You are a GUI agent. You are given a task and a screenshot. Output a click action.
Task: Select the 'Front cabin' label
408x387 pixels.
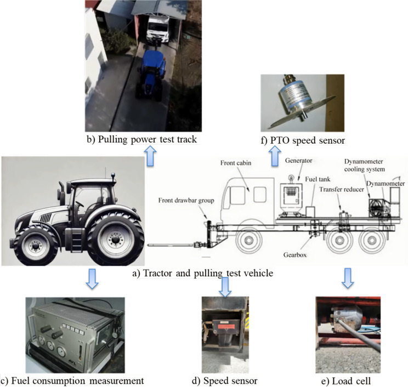[x=235, y=163]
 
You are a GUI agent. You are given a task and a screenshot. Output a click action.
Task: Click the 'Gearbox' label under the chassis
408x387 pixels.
[x=316, y=256]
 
